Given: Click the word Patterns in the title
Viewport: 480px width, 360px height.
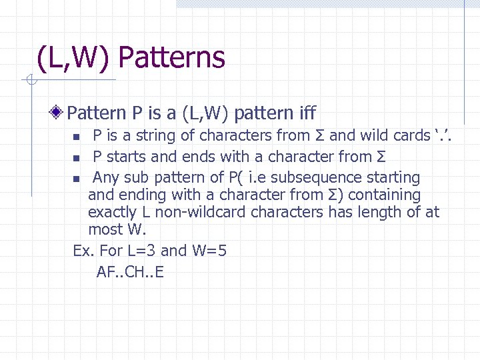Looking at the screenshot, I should tap(171, 58).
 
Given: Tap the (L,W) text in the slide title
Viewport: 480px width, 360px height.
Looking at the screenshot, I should tap(75, 58).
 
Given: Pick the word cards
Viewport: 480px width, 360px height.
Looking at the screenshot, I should tap(412, 136).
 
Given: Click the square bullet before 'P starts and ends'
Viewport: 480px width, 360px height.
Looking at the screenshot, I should tap(76, 158).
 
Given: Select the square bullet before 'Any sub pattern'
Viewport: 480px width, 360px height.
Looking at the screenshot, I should tap(76, 179).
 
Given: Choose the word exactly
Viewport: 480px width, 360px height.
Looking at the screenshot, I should tap(112, 213).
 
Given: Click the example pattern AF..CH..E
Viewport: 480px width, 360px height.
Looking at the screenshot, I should tap(130, 271).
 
